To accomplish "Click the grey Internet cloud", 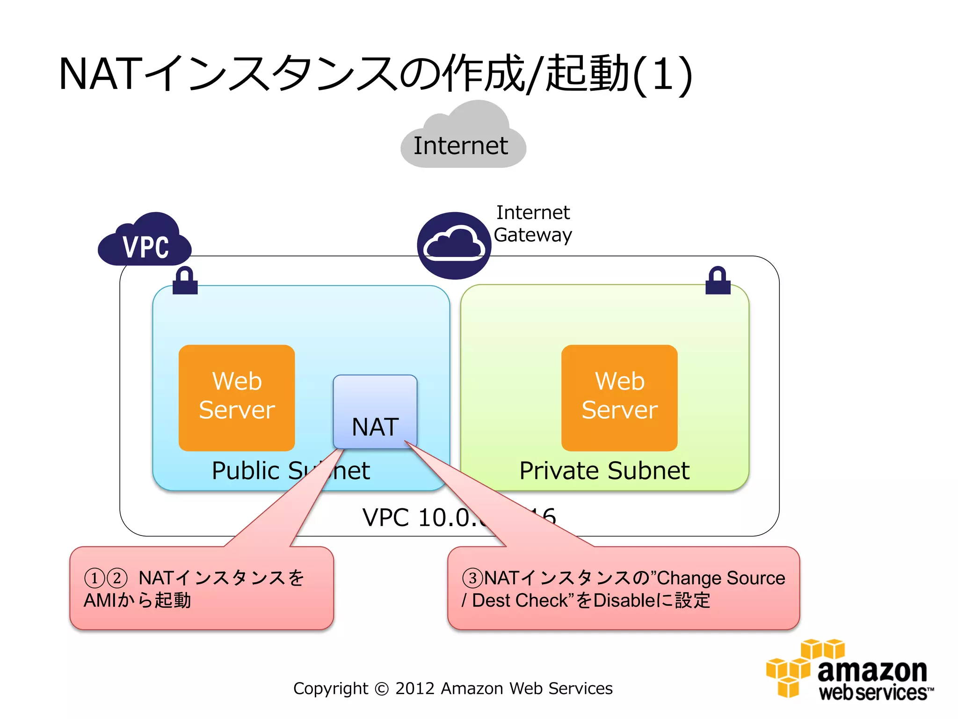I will click(x=463, y=140).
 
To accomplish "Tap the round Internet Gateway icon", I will click(x=454, y=245).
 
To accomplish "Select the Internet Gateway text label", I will click(x=533, y=224).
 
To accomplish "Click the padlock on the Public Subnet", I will click(x=185, y=281).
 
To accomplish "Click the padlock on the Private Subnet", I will click(x=718, y=281).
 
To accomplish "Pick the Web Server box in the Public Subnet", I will click(x=237, y=398).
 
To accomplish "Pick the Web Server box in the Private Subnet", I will click(x=619, y=398).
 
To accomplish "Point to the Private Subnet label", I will click(x=604, y=470).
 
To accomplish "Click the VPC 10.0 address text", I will click(x=421, y=518).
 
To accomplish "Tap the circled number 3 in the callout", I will click(x=472, y=578).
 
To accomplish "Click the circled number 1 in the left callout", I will click(x=94, y=578).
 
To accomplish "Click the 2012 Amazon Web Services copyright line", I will click(x=452, y=689).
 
